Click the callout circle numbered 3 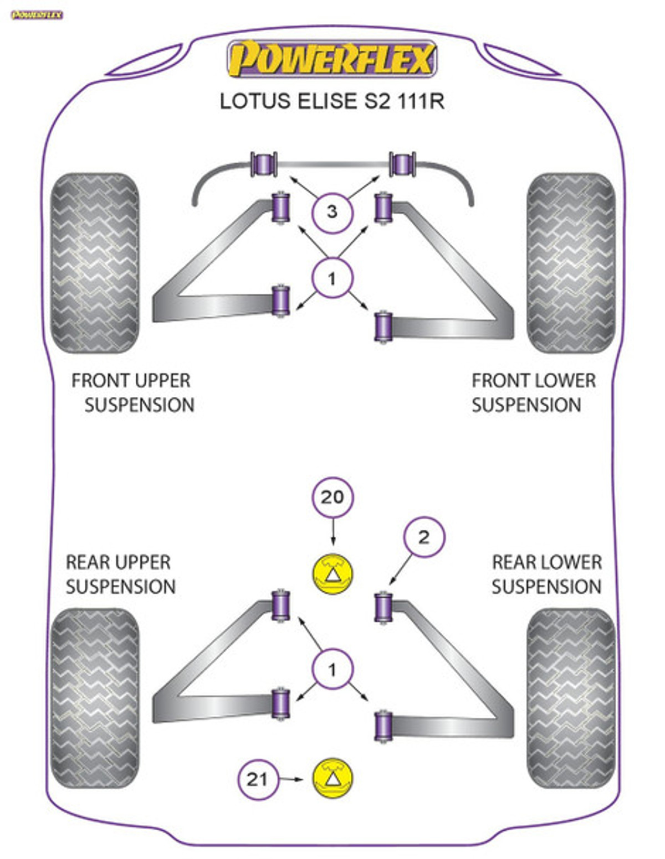[332, 213]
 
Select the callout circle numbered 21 [258, 779]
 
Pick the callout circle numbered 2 [424, 537]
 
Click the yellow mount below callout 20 [332, 574]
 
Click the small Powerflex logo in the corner [37, 15]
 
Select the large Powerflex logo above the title [332, 59]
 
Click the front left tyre [95, 262]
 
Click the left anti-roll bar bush [264, 164]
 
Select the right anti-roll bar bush [402, 164]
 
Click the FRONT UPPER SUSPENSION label [133, 392]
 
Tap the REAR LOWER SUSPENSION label [547, 574]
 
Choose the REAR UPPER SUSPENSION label [121, 574]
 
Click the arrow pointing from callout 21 [291, 779]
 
